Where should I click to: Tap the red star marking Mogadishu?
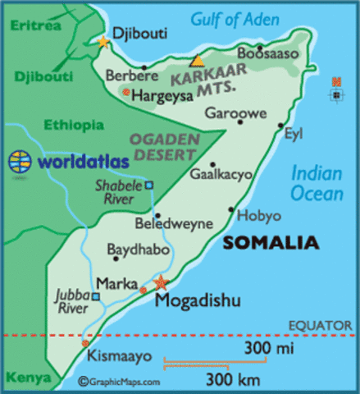point(161,282)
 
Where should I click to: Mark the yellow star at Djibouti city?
point(103,41)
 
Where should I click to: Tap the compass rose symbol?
point(335,91)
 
